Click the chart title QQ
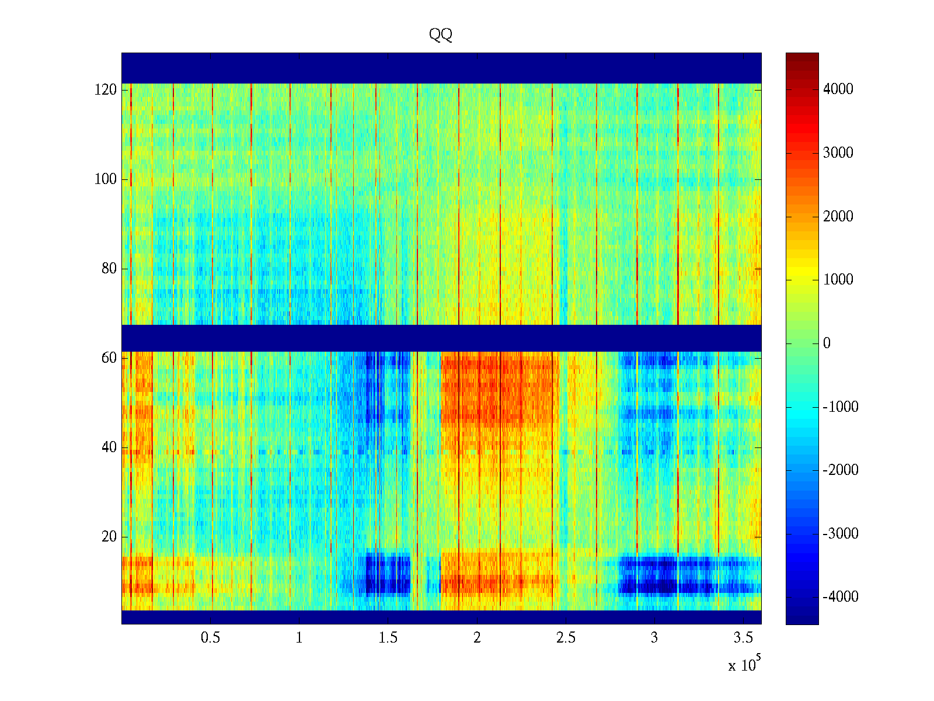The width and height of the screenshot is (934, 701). tap(441, 35)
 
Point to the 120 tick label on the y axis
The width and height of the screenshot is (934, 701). tap(106, 90)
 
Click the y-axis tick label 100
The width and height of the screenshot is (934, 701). tap(106, 179)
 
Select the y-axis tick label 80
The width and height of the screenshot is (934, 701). tap(109, 269)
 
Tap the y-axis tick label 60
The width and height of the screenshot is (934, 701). tap(109, 358)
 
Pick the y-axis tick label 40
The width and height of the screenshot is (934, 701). tap(109, 447)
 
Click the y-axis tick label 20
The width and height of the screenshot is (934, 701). tap(109, 537)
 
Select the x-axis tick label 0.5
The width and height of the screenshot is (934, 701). tap(210, 638)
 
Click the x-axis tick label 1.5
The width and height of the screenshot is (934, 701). tap(388, 638)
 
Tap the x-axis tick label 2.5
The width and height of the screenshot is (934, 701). tap(566, 638)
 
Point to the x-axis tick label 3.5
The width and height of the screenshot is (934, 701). tap(743, 638)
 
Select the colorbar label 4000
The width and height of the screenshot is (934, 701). tap(838, 89)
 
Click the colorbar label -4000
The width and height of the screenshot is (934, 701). tap(841, 597)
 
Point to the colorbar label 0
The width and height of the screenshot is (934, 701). tap(827, 343)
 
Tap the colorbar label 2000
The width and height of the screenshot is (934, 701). tap(838, 217)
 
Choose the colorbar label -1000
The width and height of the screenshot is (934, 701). tap(841, 407)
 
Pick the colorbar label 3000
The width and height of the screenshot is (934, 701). tap(838, 153)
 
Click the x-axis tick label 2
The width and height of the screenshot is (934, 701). tap(477, 638)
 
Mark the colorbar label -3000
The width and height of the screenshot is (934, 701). tap(841, 534)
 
